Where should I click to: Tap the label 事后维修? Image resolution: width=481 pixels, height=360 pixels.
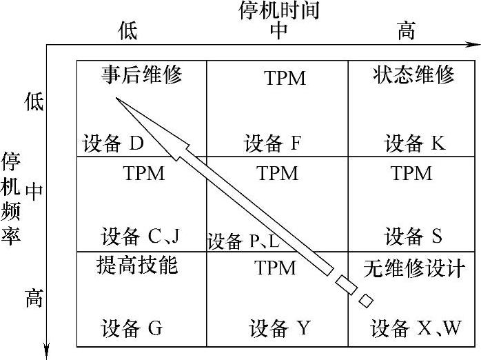(142, 74)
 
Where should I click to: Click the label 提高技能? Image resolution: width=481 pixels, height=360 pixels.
(139, 265)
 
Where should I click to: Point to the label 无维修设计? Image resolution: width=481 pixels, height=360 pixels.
(415, 266)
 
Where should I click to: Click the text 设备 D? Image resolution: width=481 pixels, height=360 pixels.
(112, 143)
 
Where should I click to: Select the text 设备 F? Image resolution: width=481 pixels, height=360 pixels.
(272, 144)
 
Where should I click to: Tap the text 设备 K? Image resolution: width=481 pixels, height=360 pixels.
(415, 144)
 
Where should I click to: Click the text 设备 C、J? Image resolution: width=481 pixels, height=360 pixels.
(141, 237)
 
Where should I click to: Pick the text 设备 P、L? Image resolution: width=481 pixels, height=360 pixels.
(244, 241)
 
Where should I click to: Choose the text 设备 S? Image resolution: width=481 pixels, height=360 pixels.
(413, 237)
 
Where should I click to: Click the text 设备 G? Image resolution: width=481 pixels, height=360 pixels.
(132, 328)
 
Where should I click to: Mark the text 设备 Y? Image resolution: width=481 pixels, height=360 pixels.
(281, 328)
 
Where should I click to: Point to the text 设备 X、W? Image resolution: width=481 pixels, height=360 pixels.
(416, 328)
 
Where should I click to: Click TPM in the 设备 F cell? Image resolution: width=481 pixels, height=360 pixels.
(285, 78)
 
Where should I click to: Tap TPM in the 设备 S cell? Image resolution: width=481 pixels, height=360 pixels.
(411, 174)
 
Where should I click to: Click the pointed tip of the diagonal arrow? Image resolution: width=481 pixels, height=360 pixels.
(116, 99)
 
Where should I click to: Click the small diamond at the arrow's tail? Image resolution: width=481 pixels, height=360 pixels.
(366, 301)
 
